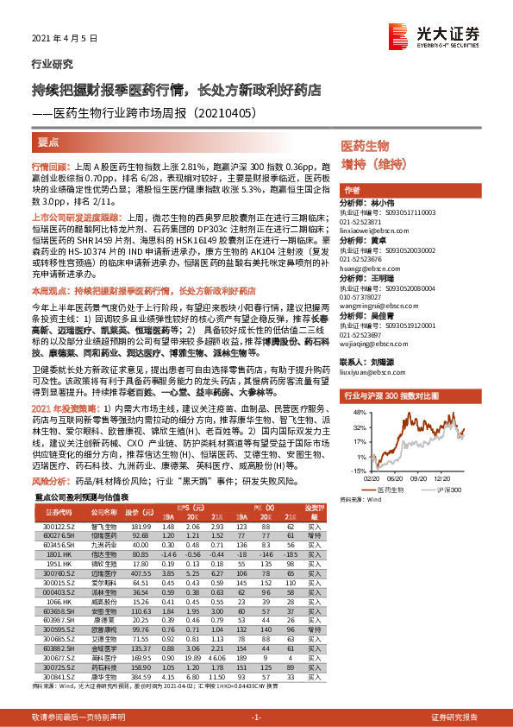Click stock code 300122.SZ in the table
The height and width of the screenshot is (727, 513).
tap(58, 526)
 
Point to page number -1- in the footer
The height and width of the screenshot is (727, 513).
tap(255, 718)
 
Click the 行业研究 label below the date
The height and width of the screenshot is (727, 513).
tap(47, 64)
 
